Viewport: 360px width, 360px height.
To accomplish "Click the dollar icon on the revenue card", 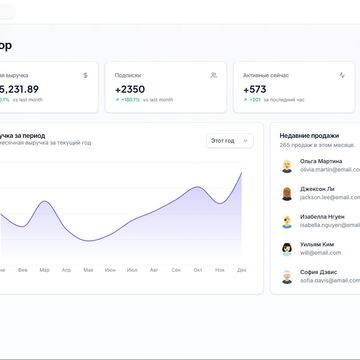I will point(85,74).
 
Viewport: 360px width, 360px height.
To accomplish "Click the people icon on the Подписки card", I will point(213,74).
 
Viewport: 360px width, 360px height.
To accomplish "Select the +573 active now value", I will point(258,89).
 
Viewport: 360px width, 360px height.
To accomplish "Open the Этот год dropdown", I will point(230,141).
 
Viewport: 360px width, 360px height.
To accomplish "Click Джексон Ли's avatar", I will point(287,193).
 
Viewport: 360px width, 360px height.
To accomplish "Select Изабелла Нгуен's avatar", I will point(287,220).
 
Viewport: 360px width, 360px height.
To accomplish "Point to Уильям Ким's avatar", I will point(287,248).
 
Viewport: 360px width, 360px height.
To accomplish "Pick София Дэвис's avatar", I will point(287,275).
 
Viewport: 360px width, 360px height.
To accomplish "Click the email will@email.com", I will point(320,252).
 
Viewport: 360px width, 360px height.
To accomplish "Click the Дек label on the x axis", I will point(241,270).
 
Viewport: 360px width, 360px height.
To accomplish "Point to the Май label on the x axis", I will point(88,270).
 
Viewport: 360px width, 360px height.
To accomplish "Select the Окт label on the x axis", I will point(197,270).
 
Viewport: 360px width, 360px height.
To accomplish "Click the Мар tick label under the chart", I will point(44,270).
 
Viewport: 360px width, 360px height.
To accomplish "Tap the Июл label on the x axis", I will point(131,270).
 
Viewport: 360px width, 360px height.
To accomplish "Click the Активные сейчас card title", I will point(270,74).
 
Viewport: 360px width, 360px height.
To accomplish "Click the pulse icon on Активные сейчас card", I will point(343,74).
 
